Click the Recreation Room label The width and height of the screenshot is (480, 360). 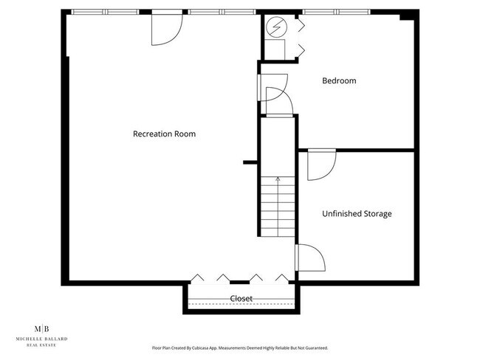[164, 134]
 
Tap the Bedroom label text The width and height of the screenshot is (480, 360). [339, 80]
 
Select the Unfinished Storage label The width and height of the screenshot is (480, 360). [357, 214]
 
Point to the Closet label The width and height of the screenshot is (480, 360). [241, 299]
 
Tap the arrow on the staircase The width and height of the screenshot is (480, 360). [278, 179]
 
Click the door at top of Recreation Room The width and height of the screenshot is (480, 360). [165, 28]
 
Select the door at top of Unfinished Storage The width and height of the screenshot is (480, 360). [320, 164]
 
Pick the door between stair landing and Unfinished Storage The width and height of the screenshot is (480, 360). [309, 258]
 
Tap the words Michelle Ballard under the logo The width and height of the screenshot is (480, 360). [43, 339]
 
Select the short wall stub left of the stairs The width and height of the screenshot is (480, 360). [250, 162]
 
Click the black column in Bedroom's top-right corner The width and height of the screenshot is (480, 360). [405, 15]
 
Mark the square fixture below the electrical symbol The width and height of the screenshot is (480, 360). [275, 49]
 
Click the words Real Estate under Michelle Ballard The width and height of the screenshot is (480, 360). [43, 344]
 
